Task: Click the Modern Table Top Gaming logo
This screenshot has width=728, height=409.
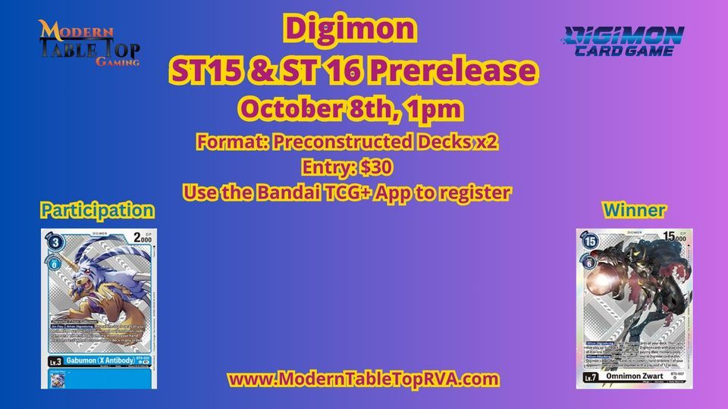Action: point(89,42)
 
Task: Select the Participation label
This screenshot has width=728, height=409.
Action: point(97,210)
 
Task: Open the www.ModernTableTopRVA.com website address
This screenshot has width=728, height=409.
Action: point(363,377)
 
